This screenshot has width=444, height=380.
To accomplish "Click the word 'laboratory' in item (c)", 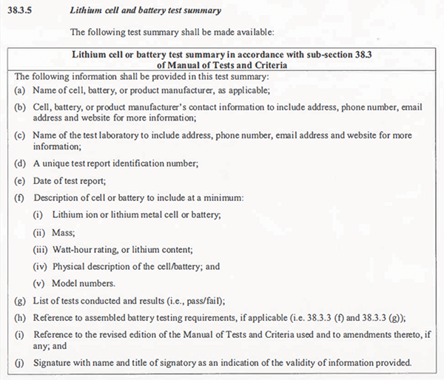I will coord(114,136).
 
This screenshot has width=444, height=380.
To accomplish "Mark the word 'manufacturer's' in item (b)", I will coord(146,106).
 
